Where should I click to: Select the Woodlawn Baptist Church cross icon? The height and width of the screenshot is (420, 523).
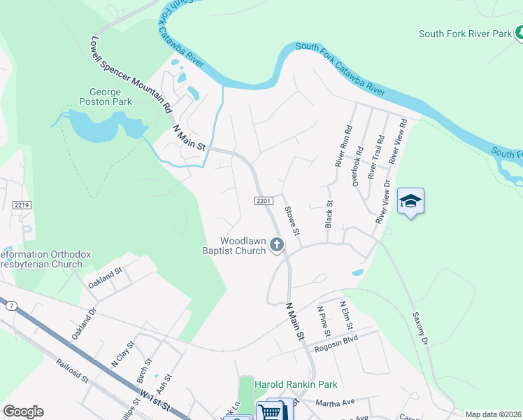click(x=277, y=244)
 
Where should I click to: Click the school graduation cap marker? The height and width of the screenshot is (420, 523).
click(x=410, y=202)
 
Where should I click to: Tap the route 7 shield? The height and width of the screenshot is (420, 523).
click(x=10, y=306)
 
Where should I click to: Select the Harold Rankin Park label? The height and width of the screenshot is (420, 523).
click(x=296, y=384)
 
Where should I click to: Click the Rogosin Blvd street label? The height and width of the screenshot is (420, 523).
click(x=337, y=343)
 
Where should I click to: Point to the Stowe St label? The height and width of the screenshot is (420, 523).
click(x=292, y=220)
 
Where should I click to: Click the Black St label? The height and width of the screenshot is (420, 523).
click(x=329, y=216)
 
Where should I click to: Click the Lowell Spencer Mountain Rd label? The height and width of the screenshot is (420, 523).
click(x=131, y=76)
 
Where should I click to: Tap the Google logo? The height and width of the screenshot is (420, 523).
click(x=23, y=412)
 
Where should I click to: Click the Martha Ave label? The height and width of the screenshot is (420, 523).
click(x=336, y=402)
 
